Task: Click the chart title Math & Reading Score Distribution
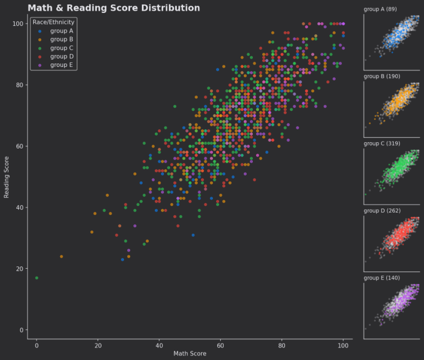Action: (114, 8)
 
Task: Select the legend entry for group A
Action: (61, 31)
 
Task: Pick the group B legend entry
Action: (61, 40)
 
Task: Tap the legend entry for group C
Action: (61, 48)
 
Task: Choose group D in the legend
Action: (61, 57)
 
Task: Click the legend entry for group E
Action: (61, 65)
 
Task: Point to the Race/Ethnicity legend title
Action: (53, 22)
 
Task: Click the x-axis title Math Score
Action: (190, 354)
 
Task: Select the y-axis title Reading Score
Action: (7, 177)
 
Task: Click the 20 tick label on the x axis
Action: (98, 345)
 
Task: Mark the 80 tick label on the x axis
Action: (282, 345)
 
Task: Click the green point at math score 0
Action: (37, 278)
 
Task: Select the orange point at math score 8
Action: (61, 256)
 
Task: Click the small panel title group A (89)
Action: (380, 10)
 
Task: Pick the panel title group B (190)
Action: (382, 76)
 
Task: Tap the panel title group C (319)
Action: (382, 144)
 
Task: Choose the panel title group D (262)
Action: (382, 211)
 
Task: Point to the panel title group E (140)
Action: (382, 278)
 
